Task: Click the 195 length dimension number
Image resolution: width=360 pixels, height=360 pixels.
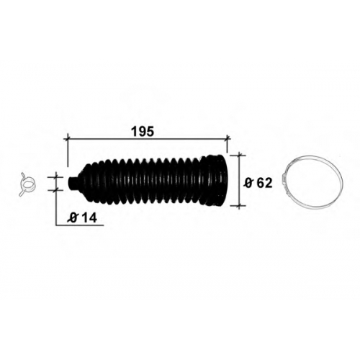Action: (143, 132)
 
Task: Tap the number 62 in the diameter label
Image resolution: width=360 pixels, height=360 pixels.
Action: (264, 184)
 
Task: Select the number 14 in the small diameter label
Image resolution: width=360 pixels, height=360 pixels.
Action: (89, 218)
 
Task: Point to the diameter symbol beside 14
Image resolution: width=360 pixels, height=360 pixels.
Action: (73, 218)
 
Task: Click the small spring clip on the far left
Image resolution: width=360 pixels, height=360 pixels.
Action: (27, 184)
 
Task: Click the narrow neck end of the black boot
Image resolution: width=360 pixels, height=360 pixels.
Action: (72, 184)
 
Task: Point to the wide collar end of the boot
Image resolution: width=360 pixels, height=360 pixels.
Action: (215, 181)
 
